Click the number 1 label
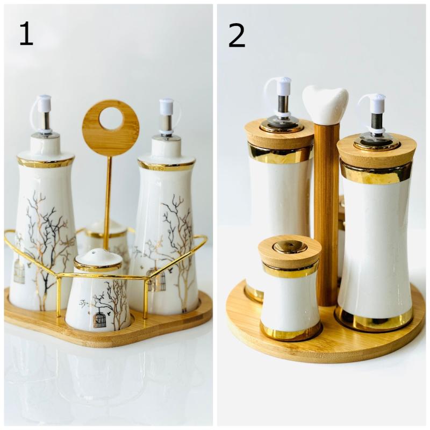pyautogui.click(x=26, y=34)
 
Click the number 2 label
pyautogui.click(x=236, y=34)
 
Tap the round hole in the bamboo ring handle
pyautogui.click(x=111, y=119)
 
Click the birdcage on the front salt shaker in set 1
pyautogui.click(x=99, y=319)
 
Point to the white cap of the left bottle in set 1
pyautogui.click(x=44, y=103)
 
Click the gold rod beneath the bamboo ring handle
pyautogui.click(x=108, y=202)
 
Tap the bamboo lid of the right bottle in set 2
pyautogui.click(x=377, y=150)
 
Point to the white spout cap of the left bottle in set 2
pyautogui.click(x=283, y=86)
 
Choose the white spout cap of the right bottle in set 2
pyautogui.click(x=378, y=102)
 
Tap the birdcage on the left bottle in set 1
pyautogui.click(x=19, y=271)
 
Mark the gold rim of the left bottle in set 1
pyautogui.click(x=46, y=162)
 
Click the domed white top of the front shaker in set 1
pyautogui.click(x=98, y=258)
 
